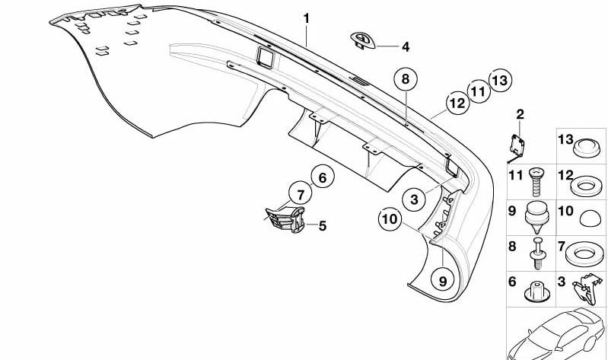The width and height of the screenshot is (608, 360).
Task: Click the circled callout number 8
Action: (406, 79)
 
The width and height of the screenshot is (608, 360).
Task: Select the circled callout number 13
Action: (500, 81)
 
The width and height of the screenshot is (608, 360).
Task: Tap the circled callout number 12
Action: (457, 103)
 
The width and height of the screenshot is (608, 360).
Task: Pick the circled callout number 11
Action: (478, 91)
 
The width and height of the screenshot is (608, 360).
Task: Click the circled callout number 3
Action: (415, 199)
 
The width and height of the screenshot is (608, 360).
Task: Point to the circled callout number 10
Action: (390, 219)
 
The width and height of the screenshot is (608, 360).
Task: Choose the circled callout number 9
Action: (443, 281)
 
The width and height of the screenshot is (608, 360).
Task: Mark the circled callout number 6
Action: (323, 177)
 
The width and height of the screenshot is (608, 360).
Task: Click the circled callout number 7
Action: (301, 194)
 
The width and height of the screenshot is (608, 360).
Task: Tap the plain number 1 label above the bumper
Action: (307, 18)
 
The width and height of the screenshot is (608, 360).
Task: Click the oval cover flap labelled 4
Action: (362, 41)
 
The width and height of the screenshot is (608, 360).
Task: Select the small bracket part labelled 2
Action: (516, 148)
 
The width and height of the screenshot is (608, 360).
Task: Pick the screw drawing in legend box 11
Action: (536, 182)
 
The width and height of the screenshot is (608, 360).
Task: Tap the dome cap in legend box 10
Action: (590, 218)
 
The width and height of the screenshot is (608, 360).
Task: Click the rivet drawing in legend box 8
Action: (538, 253)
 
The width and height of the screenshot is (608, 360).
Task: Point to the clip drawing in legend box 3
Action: (587, 288)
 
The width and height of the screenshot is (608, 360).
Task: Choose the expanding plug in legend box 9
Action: (536, 217)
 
